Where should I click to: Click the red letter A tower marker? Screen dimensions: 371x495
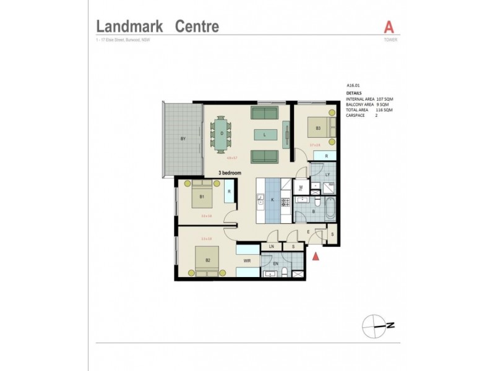[389, 27]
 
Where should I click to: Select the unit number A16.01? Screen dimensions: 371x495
[354, 87]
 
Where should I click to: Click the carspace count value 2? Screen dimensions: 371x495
[376, 115]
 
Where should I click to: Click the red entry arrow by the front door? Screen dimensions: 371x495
[316, 257]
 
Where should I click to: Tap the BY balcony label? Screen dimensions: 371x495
[183, 139]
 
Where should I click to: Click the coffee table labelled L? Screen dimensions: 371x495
[264, 134]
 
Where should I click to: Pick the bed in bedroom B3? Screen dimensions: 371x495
[322, 129]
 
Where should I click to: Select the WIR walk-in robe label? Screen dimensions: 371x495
[246, 261]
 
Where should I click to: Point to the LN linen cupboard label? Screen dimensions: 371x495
[270, 247]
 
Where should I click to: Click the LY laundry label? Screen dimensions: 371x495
[327, 175]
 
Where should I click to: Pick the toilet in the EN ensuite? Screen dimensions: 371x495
[298, 273]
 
